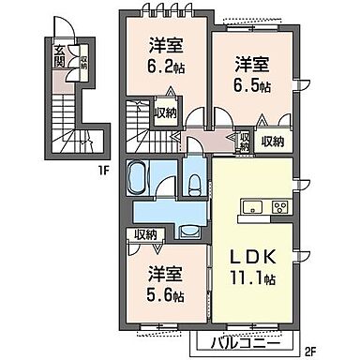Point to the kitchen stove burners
(x=278, y=207)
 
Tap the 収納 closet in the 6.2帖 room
(x=167, y=112)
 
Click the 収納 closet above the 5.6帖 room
(x=145, y=235)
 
